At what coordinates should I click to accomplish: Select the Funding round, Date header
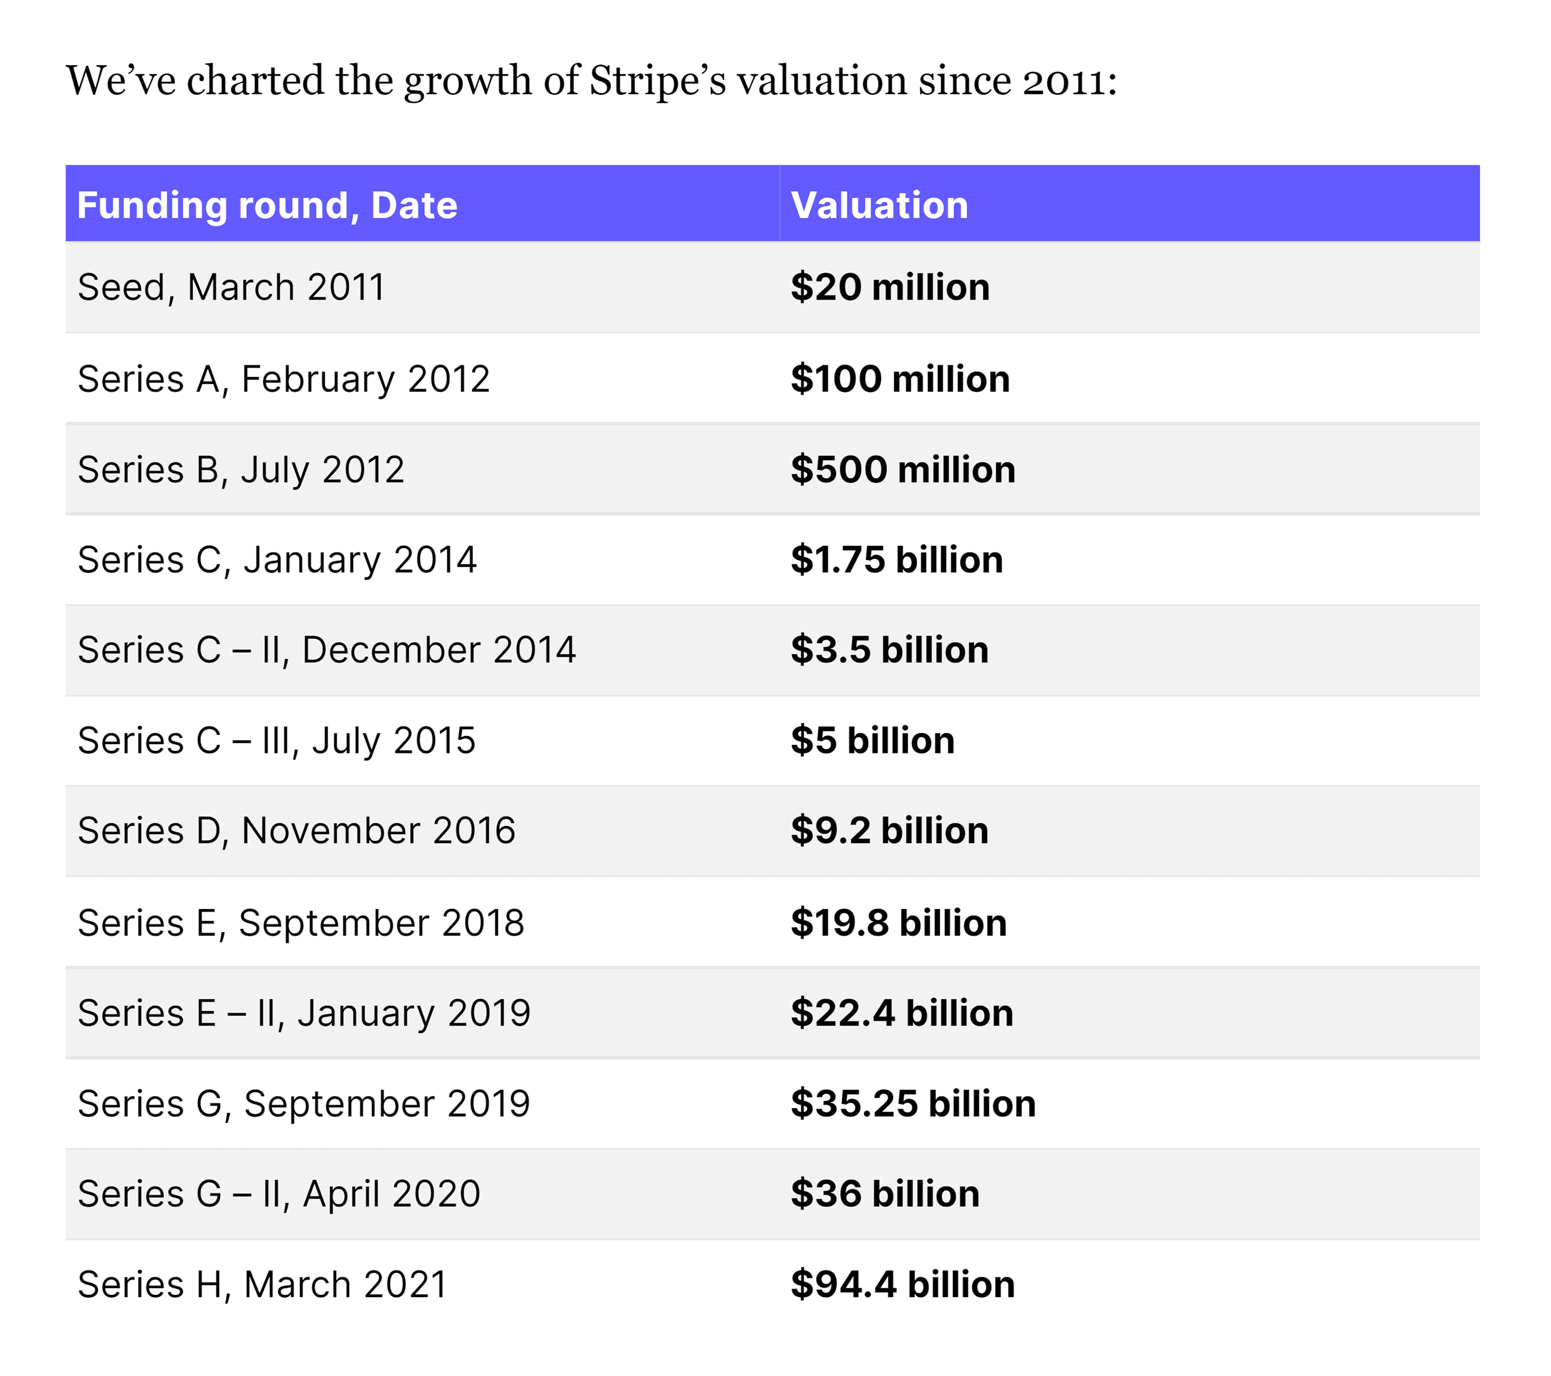(267, 206)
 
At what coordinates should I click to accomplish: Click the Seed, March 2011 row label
(231, 288)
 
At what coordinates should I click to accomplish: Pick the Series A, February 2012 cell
(284, 378)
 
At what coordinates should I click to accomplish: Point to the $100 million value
(900, 378)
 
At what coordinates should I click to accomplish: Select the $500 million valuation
(902, 469)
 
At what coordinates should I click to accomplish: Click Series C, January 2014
(277, 560)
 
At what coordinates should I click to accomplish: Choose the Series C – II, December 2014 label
(326, 650)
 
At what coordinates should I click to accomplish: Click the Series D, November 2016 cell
(297, 830)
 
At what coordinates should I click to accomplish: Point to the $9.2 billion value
(889, 830)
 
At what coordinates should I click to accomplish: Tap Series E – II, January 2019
(303, 1013)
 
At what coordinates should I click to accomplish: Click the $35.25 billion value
(913, 1104)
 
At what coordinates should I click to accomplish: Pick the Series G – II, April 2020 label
(279, 1194)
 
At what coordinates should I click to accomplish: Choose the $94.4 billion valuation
(902, 1284)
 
